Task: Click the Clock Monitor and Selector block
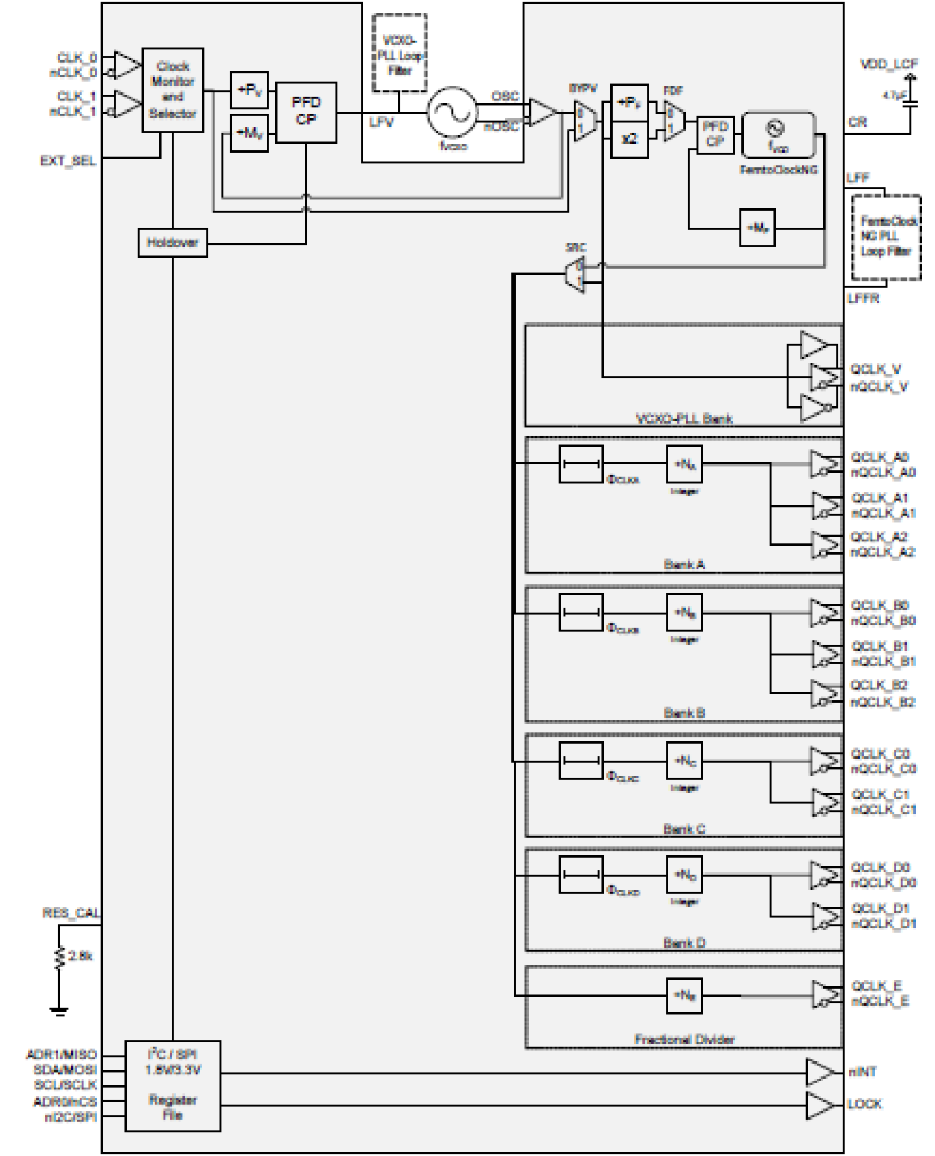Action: (x=173, y=90)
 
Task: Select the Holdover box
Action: (x=172, y=243)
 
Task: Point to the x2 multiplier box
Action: (x=629, y=139)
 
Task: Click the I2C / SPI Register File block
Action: (x=173, y=1085)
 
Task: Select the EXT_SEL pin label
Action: (x=68, y=161)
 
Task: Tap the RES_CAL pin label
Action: (x=71, y=913)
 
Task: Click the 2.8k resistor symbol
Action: (x=60, y=958)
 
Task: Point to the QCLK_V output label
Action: (x=875, y=369)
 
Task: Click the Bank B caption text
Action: (x=683, y=713)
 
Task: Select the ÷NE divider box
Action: (x=684, y=995)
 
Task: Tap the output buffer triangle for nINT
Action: (x=820, y=1073)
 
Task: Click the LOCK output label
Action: (x=864, y=1104)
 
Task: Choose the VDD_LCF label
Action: (x=889, y=64)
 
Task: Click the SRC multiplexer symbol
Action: (x=576, y=274)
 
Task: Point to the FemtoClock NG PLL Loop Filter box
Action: (x=886, y=237)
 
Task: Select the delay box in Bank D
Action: (x=581, y=875)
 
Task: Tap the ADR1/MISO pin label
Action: (x=61, y=1055)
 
